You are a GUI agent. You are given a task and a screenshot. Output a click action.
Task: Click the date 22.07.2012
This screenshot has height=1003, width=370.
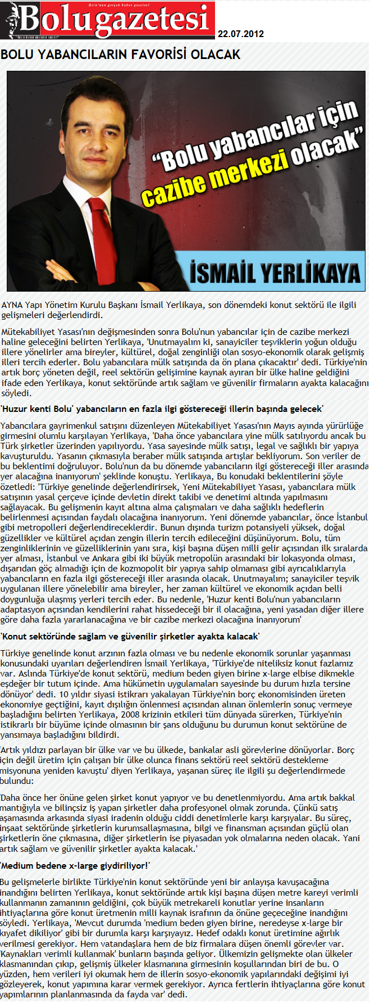tap(240, 34)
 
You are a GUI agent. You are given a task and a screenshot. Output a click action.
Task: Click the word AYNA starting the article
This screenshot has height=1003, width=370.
tap(12, 305)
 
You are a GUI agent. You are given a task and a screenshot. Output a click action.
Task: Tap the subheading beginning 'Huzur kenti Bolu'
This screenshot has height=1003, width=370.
tap(162, 409)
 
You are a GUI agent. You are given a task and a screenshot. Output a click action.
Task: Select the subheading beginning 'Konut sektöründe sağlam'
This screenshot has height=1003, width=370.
tap(130, 637)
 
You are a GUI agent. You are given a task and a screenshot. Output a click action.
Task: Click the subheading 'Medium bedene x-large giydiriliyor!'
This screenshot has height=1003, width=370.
tap(75, 865)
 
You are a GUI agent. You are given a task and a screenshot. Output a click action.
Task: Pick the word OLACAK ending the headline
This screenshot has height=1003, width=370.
tap(219, 55)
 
